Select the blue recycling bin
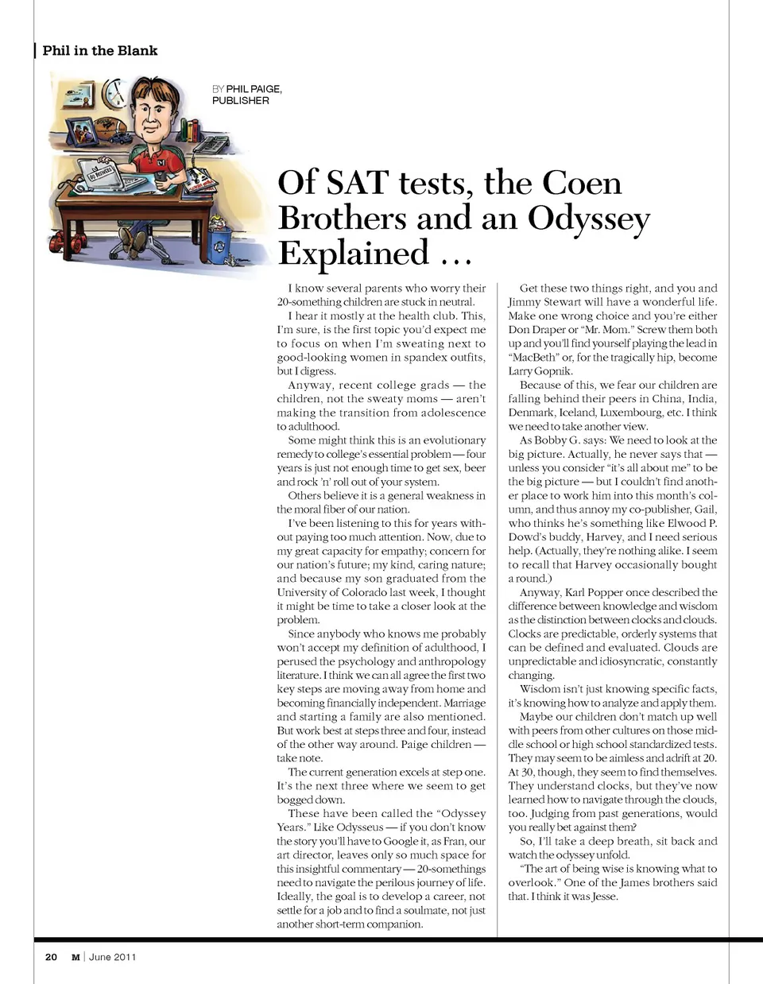point(219,237)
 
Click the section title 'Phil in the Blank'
point(100,51)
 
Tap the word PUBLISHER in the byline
point(240,101)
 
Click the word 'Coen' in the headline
point(582,183)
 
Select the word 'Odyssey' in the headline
point(589,218)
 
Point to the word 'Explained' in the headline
point(354,254)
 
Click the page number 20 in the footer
point(51,957)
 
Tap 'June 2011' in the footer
point(112,957)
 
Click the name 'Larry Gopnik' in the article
point(540,371)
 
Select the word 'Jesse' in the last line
point(604,897)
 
